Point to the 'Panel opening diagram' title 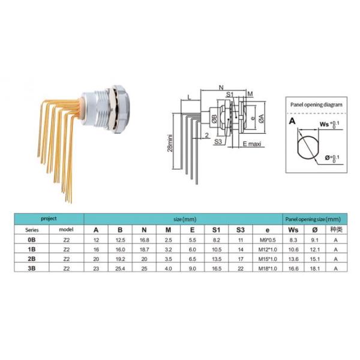tap(316, 104)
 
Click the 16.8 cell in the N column tap(145, 239)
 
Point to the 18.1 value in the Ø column tap(316, 269)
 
